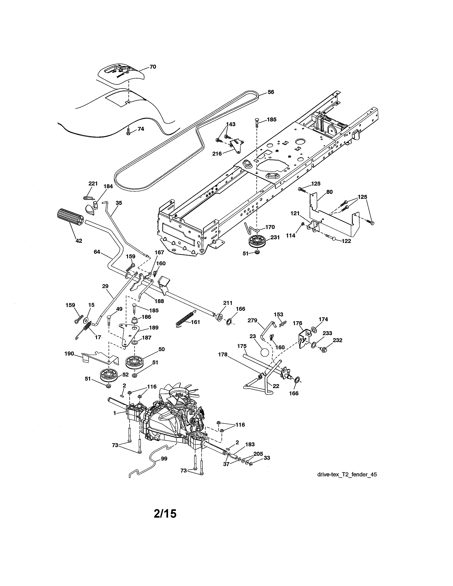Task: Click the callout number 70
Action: [x=153, y=67]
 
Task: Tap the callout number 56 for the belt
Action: [x=271, y=92]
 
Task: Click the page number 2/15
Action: [x=165, y=514]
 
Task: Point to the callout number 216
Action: [x=217, y=154]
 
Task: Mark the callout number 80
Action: [x=330, y=192]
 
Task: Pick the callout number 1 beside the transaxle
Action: [x=115, y=413]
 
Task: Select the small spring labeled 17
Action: [x=86, y=329]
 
